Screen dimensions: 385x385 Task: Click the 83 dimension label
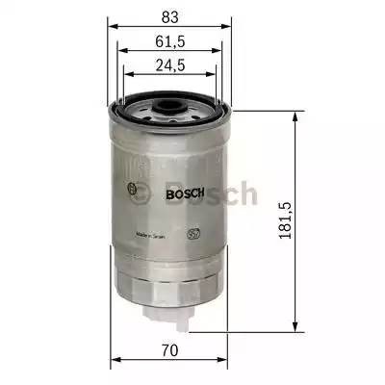click(169, 16)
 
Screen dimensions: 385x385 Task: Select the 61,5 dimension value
click(169, 41)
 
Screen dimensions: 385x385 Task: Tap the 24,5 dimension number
click(169, 65)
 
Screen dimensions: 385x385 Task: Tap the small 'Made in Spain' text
click(154, 234)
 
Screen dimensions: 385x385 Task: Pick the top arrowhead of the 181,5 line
click(293, 115)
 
